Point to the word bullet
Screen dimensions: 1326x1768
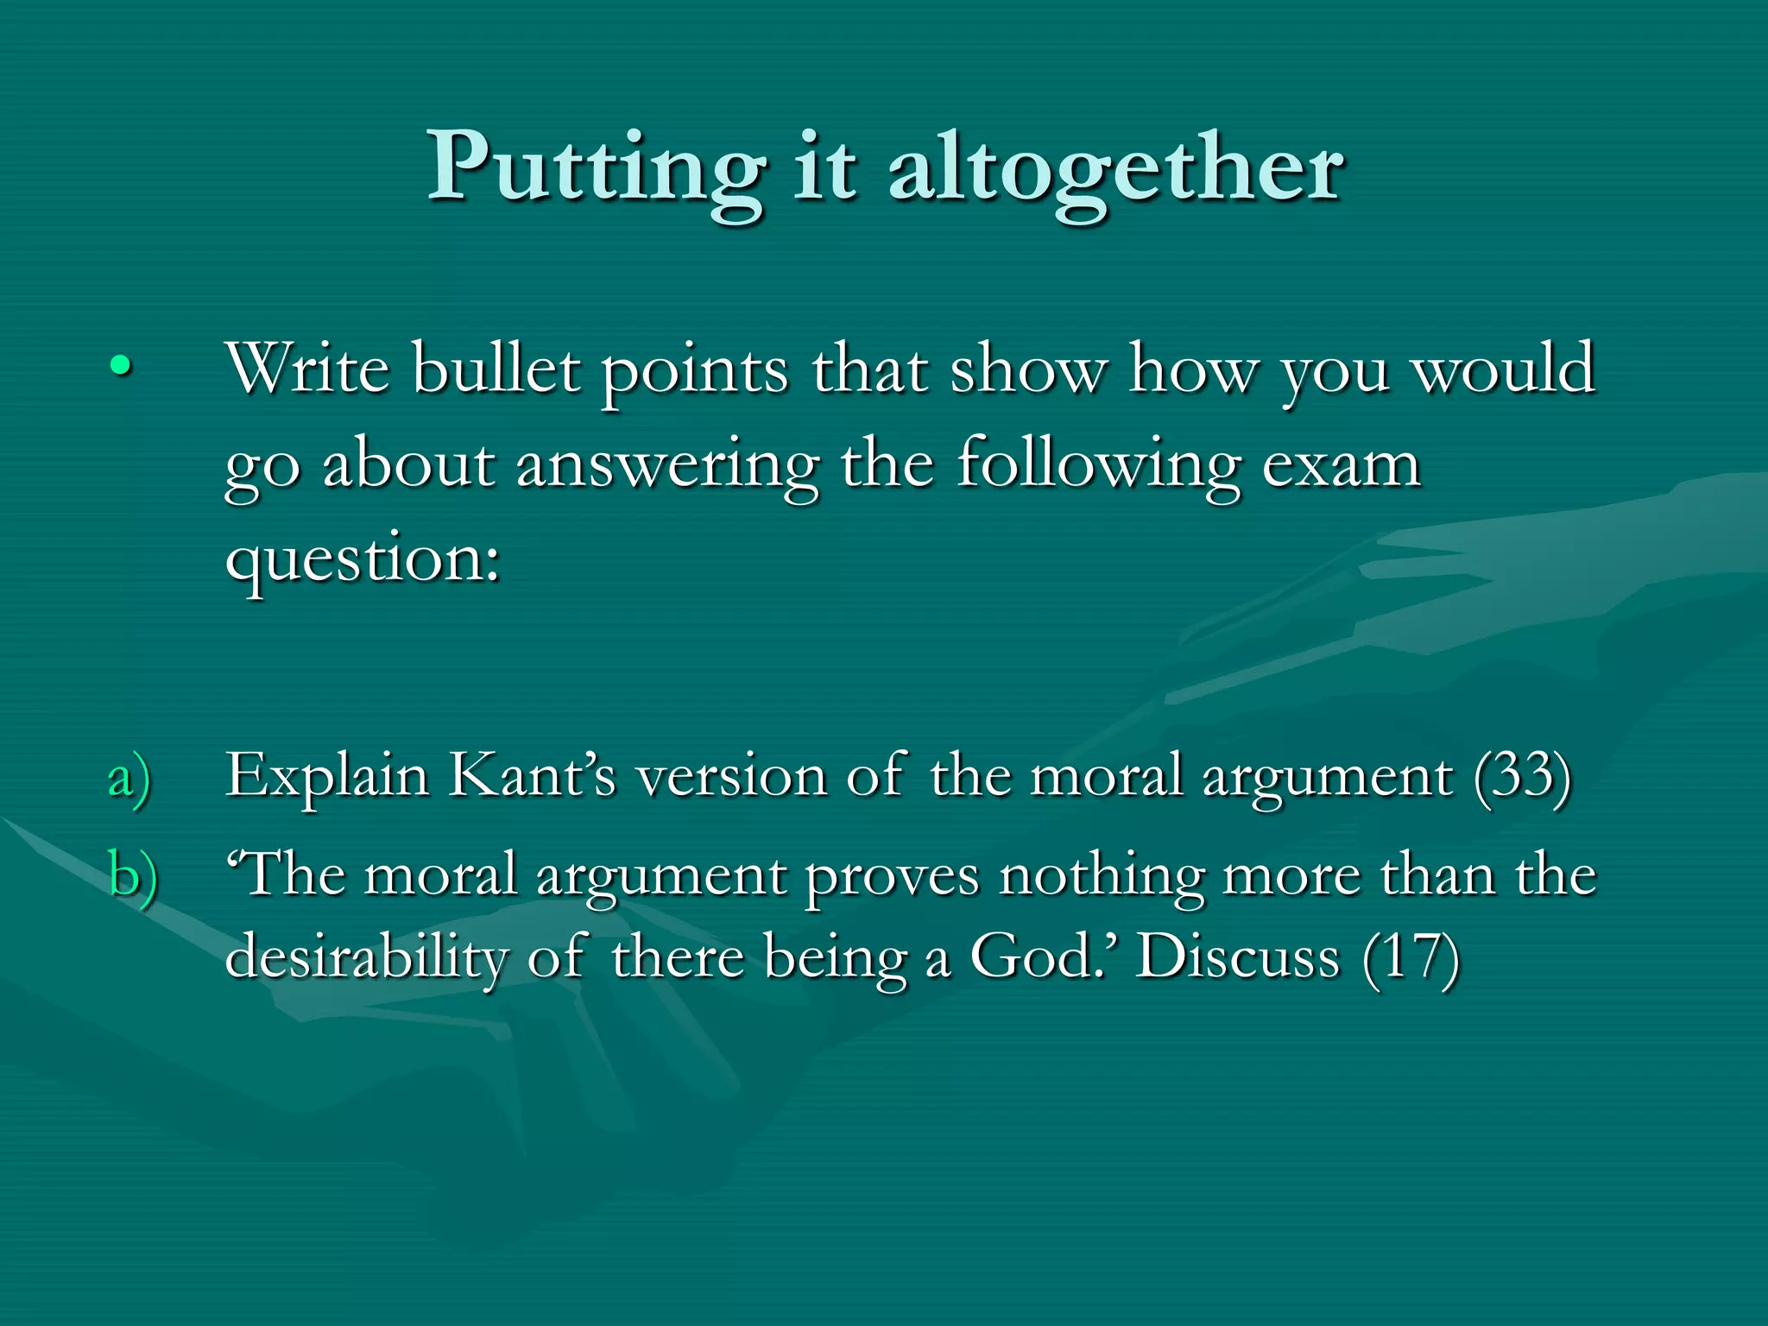click(496, 369)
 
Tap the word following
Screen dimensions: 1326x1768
click(1098, 466)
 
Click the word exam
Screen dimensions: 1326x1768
click(1342, 466)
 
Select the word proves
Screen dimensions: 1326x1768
click(893, 877)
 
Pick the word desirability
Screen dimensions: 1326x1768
click(367, 958)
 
